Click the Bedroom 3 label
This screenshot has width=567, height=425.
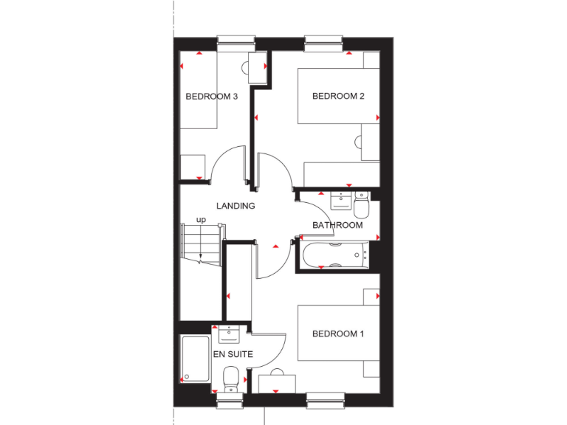coord(211,97)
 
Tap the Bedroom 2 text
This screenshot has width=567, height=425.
coord(339,97)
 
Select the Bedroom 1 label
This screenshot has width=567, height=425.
coord(338,334)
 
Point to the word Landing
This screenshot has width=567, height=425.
coord(236,207)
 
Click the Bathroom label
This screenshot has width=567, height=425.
coord(337,225)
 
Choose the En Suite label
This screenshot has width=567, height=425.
coord(233,354)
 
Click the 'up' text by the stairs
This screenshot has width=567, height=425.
coord(201,220)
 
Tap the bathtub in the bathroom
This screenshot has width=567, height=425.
coord(334,255)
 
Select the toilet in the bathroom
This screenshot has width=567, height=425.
coord(362,201)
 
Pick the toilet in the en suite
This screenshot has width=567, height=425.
coord(230,380)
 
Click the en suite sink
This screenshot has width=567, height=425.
coord(230,334)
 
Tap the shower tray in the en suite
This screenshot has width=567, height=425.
coord(195,359)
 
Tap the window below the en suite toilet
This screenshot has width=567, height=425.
coord(230,400)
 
